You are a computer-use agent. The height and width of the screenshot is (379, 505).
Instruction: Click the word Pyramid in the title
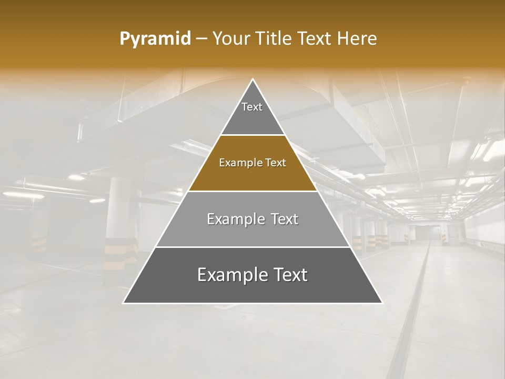tap(155, 39)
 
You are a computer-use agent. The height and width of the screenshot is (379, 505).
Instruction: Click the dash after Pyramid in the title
tap(201, 39)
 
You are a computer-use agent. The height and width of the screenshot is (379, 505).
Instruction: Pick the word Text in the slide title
tap(315, 39)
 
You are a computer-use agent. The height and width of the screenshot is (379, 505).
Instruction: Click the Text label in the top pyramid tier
tap(252, 107)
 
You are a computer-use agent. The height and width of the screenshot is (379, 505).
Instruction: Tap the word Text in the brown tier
tap(276, 163)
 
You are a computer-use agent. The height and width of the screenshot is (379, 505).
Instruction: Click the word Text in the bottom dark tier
tap(289, 275)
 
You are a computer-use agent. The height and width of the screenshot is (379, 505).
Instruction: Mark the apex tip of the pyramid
tap(252, 79)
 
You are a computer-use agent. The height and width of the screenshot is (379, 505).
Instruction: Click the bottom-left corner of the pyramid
tap(124, 303)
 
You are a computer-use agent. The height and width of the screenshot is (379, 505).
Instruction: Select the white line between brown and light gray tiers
tap(252, 191)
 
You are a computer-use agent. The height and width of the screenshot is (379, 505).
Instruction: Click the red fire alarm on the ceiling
tap(464, 81)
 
